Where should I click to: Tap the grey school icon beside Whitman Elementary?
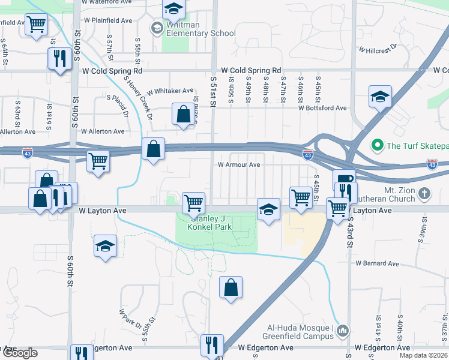click(157, 28)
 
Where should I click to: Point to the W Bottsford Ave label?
click(324, 108)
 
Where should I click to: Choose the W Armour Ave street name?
click(238, 164)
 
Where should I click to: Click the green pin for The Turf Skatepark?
click(378, 145)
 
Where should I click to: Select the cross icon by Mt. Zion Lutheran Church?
click(424, 193)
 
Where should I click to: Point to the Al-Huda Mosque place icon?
click(343, 330)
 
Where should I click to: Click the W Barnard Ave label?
click(377, 263)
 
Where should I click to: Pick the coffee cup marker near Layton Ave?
click(345, 179)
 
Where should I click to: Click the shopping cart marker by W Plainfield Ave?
click(37, 25)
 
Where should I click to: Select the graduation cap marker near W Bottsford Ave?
click(380, 96)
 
